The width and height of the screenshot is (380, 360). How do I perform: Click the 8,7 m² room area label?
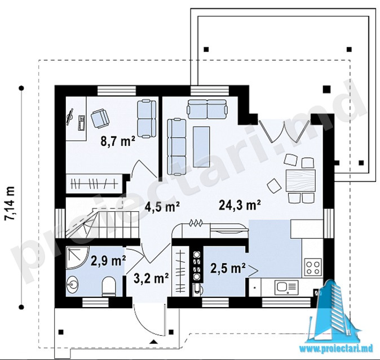118,141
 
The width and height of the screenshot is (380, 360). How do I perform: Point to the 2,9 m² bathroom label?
108,261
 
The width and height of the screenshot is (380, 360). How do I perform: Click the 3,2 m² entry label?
151,278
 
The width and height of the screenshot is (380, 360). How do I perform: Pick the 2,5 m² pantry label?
228,268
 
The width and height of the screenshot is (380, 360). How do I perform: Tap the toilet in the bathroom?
109,287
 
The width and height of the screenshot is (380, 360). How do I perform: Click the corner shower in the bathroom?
77,257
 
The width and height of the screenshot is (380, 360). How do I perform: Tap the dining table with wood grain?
301,181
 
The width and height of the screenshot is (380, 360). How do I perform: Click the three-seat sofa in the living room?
176,146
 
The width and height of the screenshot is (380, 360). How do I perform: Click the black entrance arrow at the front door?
153,342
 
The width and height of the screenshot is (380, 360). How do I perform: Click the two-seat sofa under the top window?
207,109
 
